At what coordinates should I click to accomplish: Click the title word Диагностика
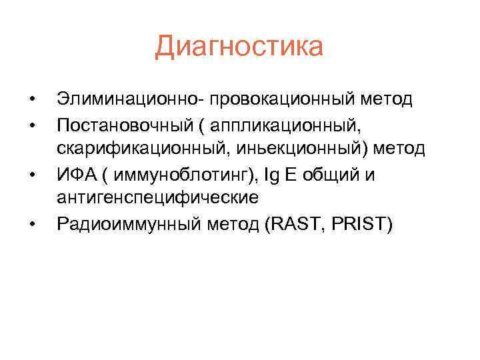click(x=239, y=47)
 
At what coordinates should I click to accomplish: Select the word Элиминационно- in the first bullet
click(x=130, y=99)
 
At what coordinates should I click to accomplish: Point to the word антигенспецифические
click(x=157, y=198)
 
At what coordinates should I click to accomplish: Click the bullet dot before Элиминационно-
click(x=31, y=100)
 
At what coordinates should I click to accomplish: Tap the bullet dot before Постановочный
click(x=31, y=125)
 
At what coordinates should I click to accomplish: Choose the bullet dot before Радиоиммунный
click(x=31, y=224)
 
